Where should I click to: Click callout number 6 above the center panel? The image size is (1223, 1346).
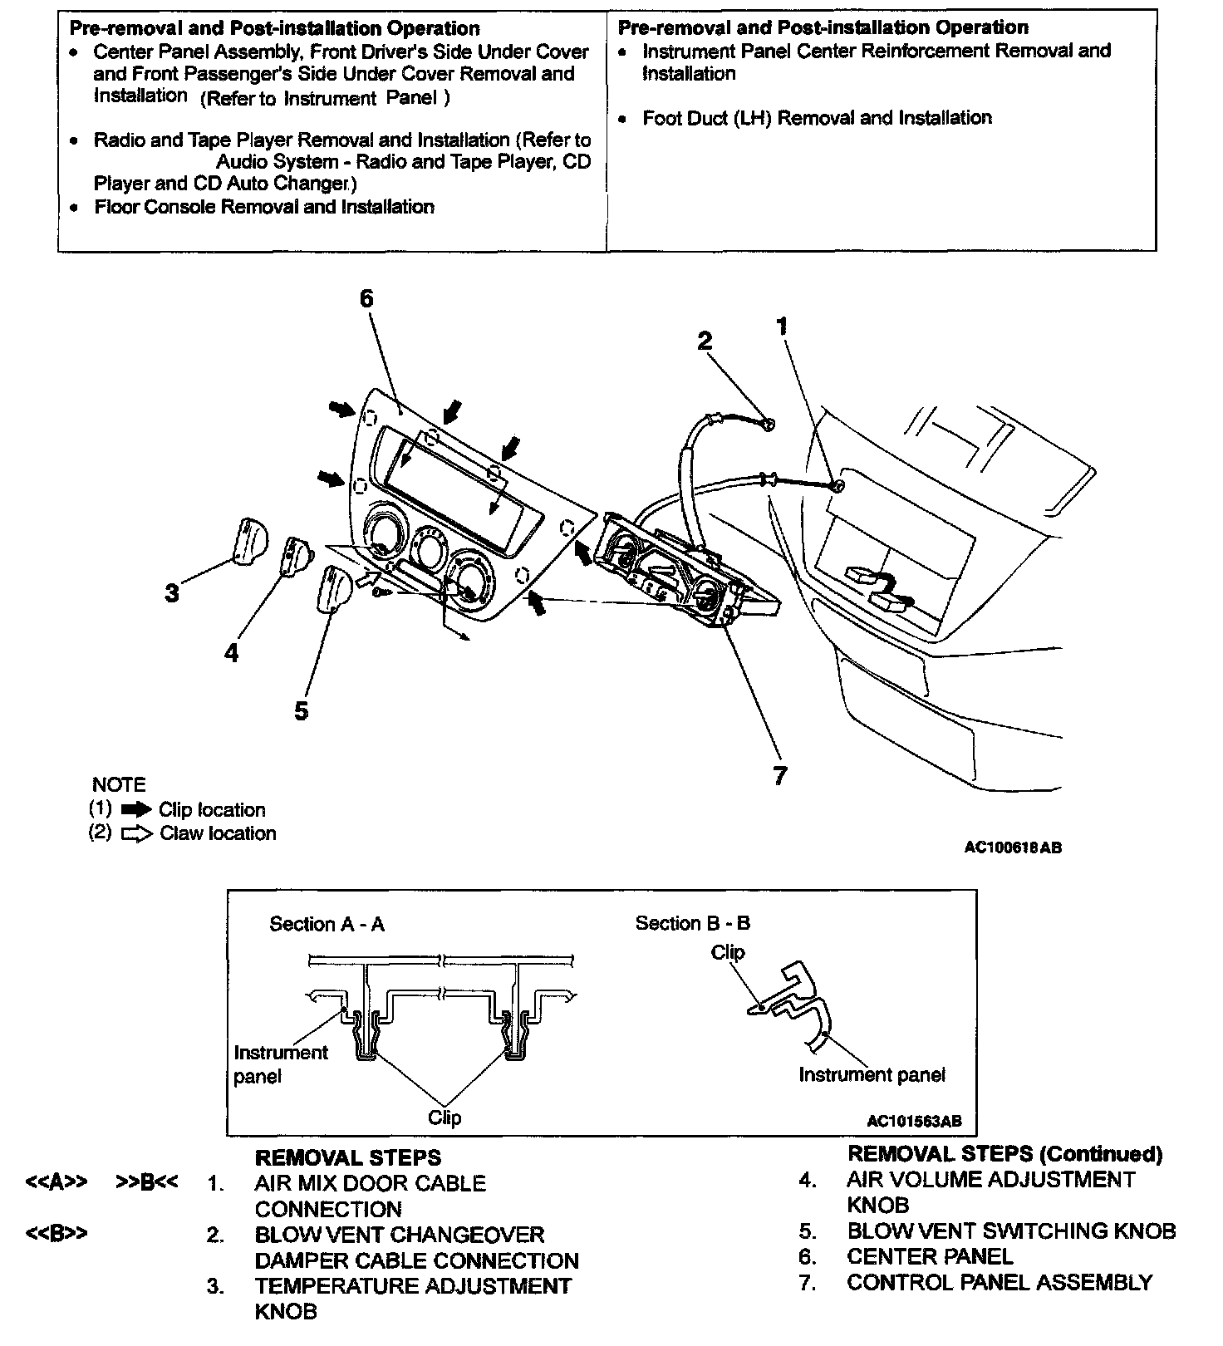point(366,298)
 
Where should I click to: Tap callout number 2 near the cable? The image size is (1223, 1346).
point(705,341)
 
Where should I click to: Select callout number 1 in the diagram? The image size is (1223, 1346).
point(781,327)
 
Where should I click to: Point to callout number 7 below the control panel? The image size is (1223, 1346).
point(779,776)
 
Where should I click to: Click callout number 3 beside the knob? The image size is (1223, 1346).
point(172,593)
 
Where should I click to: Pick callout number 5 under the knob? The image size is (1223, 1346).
point(301,711)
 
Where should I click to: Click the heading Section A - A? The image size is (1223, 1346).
point(327,925)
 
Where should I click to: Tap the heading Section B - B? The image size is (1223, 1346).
point(692,923)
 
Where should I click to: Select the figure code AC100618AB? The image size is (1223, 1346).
point(1012,847)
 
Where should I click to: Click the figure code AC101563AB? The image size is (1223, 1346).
point(913,1121)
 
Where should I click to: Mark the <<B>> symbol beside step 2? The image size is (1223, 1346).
point(56,1234)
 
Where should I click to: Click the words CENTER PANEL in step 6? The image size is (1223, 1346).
point(930,1257)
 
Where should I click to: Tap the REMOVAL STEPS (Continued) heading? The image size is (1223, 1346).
point(1004,1154)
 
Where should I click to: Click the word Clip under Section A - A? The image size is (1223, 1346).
point(445,1118)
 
